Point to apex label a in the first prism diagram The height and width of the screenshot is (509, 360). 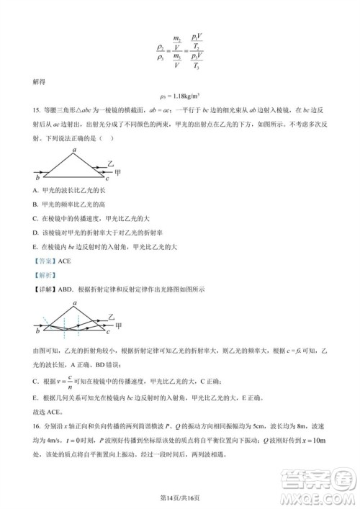coord(74,150)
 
